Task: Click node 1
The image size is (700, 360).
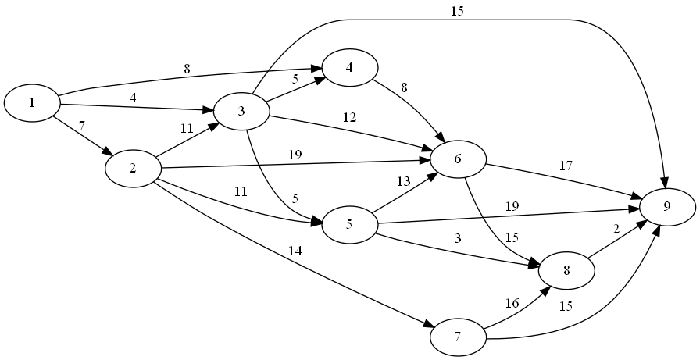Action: click(x=32, y=103)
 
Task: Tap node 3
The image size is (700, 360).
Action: click(x=241, y=111)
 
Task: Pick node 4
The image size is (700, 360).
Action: click(x=349, y=67)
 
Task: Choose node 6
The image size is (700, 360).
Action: click(x=457, y=159)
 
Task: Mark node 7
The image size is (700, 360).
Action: click(x=457, y=338)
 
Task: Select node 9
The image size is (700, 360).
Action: click(x=667, y=207)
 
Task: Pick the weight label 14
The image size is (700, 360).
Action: click(x=295, y=251)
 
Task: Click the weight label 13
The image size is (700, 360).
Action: click(x=402, y=182)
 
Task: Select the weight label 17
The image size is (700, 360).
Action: click(x=566, y=166)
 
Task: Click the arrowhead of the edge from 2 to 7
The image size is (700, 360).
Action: click(x=440, y=324)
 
